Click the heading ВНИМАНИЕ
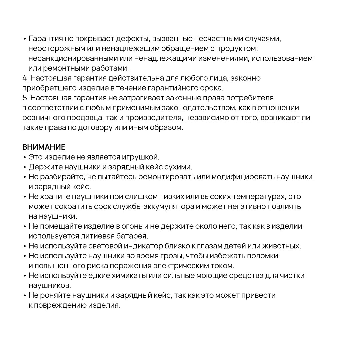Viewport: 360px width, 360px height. (x=44, y=147)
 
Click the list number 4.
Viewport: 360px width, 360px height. (x=25, y=78)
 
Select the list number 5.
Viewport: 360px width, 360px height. (x=25, y=98)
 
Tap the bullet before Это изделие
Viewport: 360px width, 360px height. (x=25, y=157)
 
